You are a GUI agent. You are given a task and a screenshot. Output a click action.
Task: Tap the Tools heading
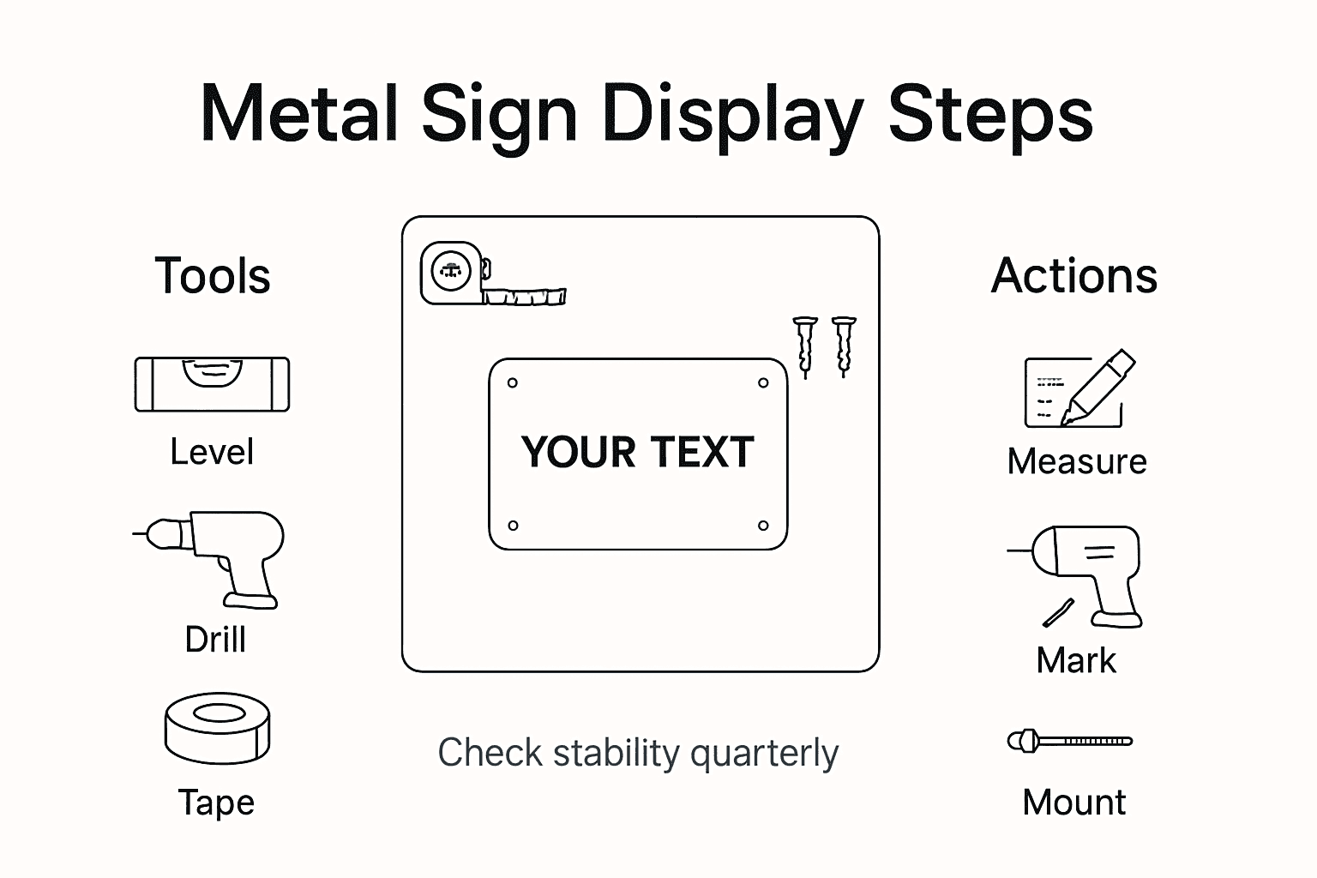coord(213,276)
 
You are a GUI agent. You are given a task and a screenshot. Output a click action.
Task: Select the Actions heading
coord(1074,276)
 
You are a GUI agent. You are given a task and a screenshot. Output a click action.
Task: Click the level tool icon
coord(212,384)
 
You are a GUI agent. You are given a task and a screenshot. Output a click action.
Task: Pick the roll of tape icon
coord(218,728)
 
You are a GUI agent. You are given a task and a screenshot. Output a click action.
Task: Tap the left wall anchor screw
coord(804,346)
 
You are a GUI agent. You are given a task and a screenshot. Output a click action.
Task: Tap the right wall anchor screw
coord(844,346)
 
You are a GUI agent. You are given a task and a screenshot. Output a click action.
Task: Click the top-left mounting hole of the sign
coord(513,383)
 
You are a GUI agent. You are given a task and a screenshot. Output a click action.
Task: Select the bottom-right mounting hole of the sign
coord(763,526)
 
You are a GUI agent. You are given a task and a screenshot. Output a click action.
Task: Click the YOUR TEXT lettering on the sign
coord(638,453)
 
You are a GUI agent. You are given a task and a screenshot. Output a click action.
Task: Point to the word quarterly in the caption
coord(764,754)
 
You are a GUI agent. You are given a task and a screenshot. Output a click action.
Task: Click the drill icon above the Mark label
coord(1085,574)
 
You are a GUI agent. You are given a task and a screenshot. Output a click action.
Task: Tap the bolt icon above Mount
coord(1070,741)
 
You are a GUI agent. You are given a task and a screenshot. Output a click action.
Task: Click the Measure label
coord(1077,462)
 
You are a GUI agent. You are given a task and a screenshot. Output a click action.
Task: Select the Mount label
coord(1074,803)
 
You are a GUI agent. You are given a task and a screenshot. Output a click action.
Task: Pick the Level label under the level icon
coord(212,452)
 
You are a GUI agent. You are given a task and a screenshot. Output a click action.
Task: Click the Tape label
coord(216,803)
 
